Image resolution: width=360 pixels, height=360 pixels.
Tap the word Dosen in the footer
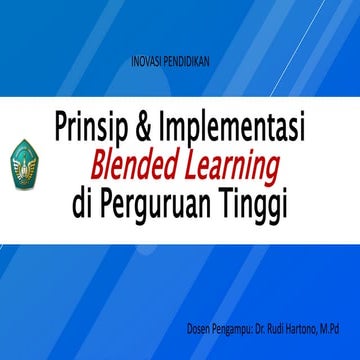[200, 328]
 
